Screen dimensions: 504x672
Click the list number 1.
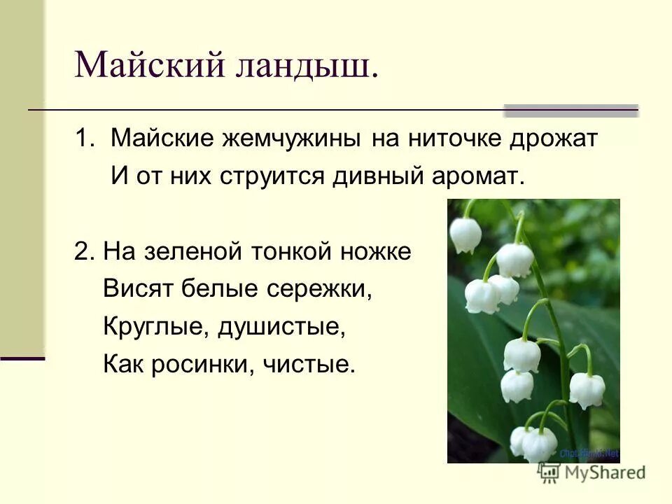pos(83,139)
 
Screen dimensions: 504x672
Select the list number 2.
pos(82,251)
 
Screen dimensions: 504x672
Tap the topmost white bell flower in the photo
pos(463,234)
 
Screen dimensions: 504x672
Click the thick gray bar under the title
pos(571,111)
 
